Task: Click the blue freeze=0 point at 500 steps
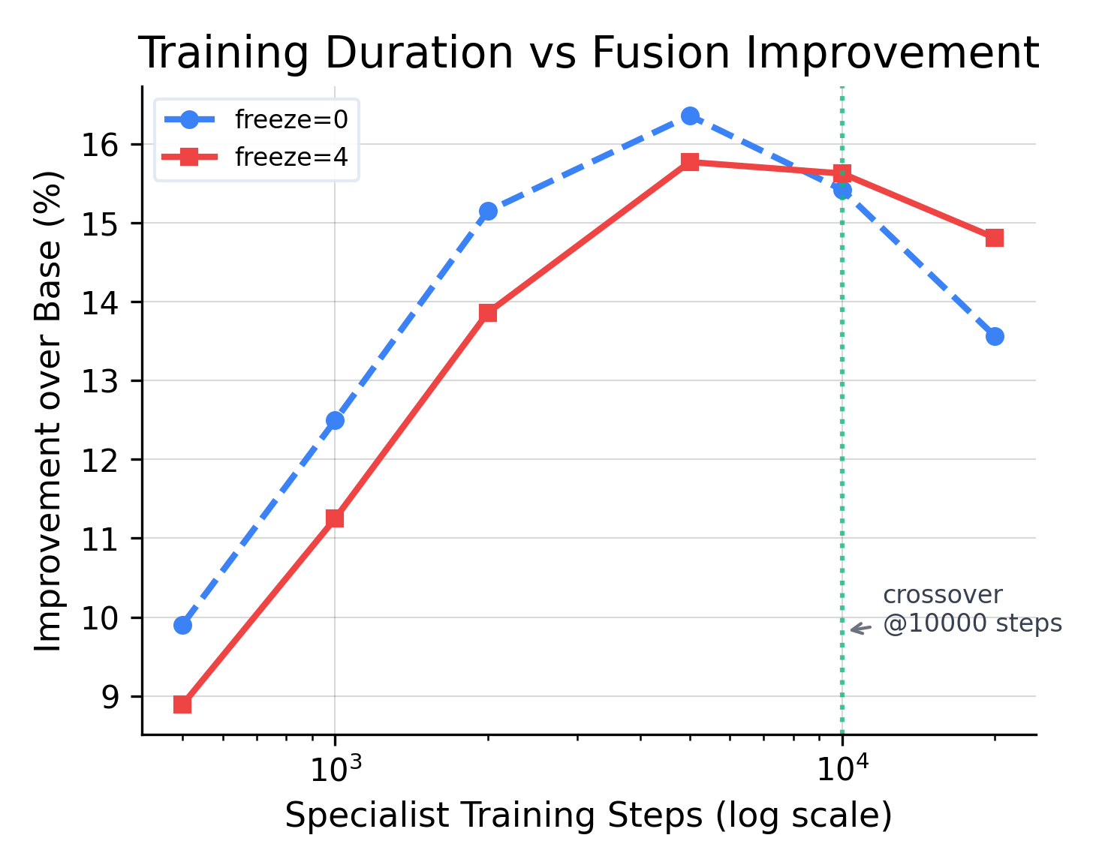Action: click(182, 625)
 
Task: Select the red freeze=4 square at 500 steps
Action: click(182, 704)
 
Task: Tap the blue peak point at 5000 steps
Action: click(691, 116)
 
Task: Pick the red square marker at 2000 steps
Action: click(488, 313)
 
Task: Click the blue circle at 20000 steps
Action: click(995, 336)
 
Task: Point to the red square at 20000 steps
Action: click(995, 238)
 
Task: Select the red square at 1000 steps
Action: click(335, 518)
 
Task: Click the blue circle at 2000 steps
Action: click(488, 211)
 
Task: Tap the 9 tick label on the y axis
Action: click(110, 697)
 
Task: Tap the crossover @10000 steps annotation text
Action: click(972, 609)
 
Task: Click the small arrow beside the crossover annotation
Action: click(860, 629)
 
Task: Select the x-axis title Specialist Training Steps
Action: click(589, 816)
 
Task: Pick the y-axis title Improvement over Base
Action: click(50, 410)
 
